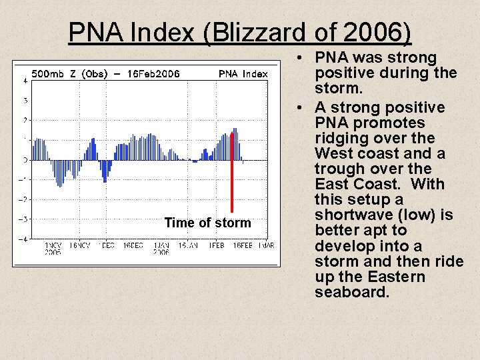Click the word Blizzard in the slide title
pyautogui.click(x=253, y=31)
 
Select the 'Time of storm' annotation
pyautogui.click(x=207, y=223)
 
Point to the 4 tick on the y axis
pyautogui.click(x=25, y=81)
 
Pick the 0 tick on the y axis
pyautogui.click(x=25, y=160)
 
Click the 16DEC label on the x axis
pyautogui.click(x=133, y=246)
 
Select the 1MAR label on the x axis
pyautogui.click(x=265, y=246)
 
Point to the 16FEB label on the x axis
pyautogui.click(x=241, y=246)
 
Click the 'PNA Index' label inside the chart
pyautogui.click(x=243, y=74)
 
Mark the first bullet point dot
pyautogui.click(x=303, y=58)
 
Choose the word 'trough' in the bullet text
pyautogui.click(x=339, y=169)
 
